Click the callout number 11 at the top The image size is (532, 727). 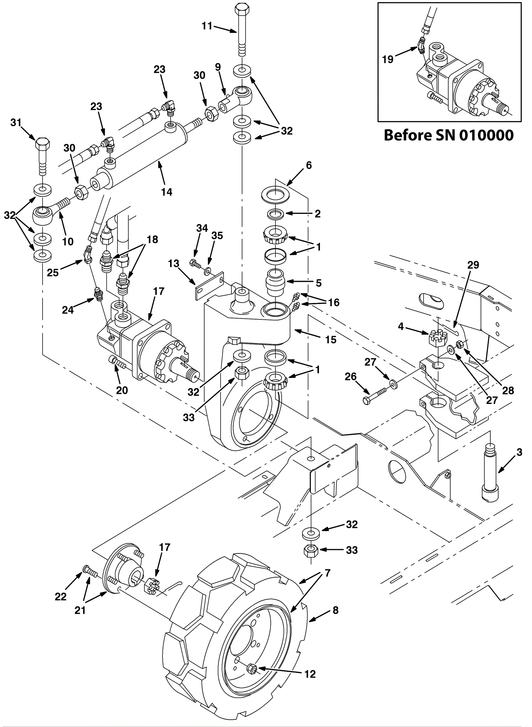pos(207,26)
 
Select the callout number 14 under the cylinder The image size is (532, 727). pos(167,192)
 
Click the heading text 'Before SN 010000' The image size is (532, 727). pos(449,135)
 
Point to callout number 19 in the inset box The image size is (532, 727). pos(388,59)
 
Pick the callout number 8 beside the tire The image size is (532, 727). pos(335,610)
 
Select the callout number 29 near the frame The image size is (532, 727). pos(473,265)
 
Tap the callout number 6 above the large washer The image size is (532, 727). pos(309,165)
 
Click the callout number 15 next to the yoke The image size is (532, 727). pos(331,339)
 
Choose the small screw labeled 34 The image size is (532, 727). pos(195,264)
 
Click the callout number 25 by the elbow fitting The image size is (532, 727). pos(53,273)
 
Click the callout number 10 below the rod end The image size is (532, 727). pos(68,241)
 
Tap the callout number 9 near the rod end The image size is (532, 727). pos(218,67)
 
